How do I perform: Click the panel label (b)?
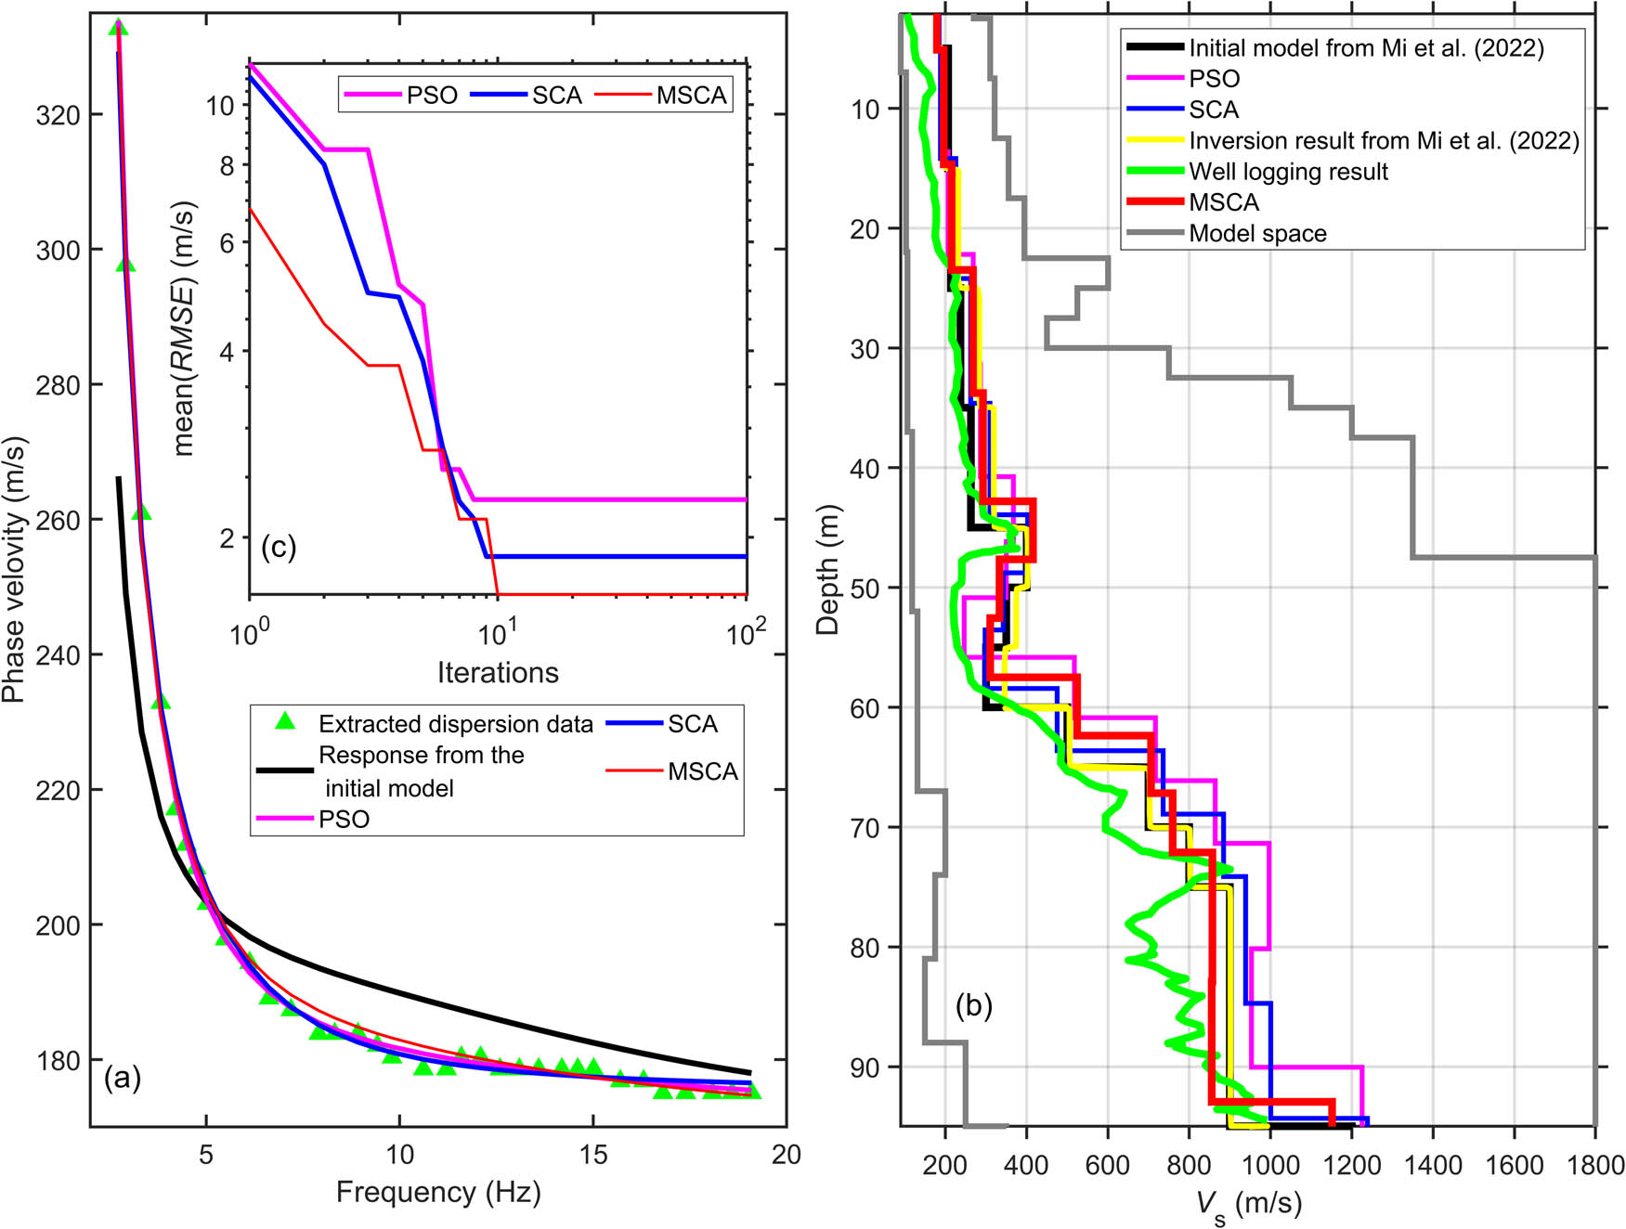tap(973, 1004)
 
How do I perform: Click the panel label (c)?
tap(278, 547)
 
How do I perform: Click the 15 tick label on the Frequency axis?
tap(592, 1155)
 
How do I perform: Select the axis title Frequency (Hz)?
tap(438, 1192)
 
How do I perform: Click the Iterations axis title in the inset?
tap(498, 672)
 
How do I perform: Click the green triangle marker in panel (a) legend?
tap(286, 721)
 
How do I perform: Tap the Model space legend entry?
tap(1257, 233)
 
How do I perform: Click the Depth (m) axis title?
tap(827, 569)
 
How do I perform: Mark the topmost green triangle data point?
tap(118, 28)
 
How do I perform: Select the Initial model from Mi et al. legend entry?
tap(1366, 48)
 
